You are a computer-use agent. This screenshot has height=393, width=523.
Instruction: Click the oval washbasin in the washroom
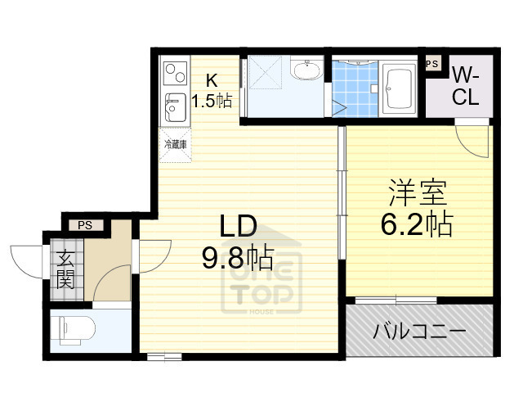click(307, 71)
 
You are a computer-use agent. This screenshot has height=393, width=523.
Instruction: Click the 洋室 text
click(417, 195)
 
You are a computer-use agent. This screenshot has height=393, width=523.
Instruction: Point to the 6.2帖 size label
click(417, 224)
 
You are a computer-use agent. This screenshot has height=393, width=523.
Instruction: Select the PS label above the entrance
click(85, 225)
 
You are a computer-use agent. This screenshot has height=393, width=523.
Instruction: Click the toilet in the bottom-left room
click(74, 330)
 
